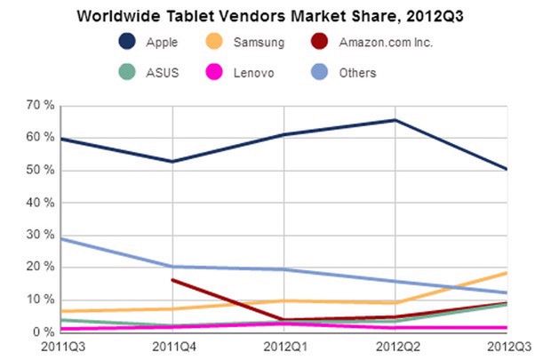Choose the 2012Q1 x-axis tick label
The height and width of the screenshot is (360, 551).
click(x=283, y=347)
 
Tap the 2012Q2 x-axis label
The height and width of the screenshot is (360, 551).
click(x=395, y=347)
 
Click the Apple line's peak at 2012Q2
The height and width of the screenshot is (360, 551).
click(x=395, y=120)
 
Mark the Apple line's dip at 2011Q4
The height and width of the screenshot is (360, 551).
click(x=171, y=162)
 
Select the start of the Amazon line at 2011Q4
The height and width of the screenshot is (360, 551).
click(x=171, y=279)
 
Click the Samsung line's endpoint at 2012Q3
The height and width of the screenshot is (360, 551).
click(x=507, y=272)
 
